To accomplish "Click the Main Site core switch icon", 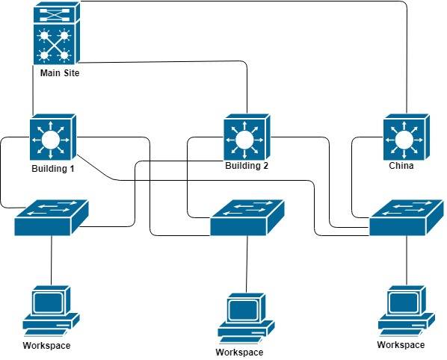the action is click(x=57, y=34).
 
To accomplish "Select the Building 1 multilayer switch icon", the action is click(x=53, y=137).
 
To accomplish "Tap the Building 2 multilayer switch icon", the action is click(x=247, y=137).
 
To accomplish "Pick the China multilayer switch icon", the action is click(x=406, y=137).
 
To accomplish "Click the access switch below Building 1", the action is click(x=52, y=218).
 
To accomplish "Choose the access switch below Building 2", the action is click(x=247, y=218).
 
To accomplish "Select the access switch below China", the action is click(x=407, y=218).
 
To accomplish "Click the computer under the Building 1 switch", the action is click(x=52, y=311).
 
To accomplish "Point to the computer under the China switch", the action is click(x=407, y=311).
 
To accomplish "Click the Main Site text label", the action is click(x=60, y=73).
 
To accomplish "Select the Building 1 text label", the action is click(x=53, y=168).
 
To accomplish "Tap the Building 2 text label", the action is click(x=247, y=166).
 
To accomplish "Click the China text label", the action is click(x=401, y=166).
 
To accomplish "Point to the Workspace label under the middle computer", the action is click(x=239, y=353).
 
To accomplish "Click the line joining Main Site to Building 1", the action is click(x=33, y=90).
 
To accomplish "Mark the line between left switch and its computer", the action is click(x=52, y=261).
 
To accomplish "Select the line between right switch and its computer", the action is click(x=407, y=261).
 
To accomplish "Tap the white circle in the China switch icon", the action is click(x=404, y=140).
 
